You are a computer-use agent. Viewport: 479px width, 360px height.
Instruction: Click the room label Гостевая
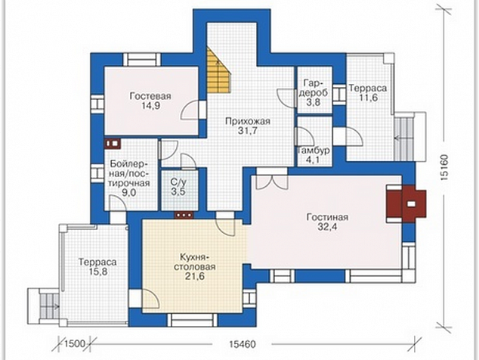[x=150, y=96]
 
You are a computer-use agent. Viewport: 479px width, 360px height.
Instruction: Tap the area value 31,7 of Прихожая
[x=248, y=131]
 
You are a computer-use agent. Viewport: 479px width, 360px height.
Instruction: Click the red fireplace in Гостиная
[x=406, y=203]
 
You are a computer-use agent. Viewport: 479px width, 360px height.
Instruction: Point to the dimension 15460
[x=242, y=344]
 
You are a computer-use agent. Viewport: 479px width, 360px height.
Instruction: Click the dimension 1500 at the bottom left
[x=75, y=344]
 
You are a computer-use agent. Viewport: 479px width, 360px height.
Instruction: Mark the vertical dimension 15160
[x=445, y=167]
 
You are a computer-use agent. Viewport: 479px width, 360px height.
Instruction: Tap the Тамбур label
[x=314, y=151]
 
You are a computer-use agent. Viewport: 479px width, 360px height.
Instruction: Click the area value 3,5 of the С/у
[x=178, y=192]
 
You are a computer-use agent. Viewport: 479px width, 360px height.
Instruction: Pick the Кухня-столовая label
[x=195, y=262]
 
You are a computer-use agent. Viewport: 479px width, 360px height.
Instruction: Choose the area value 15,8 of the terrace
[x=97, y=272]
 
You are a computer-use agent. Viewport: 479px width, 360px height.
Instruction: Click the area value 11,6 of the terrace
[x=368, y=98]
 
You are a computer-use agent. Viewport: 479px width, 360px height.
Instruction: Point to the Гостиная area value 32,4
[x=327, y=227]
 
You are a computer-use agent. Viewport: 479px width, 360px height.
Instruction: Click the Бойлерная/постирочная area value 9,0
[x=129, y=194]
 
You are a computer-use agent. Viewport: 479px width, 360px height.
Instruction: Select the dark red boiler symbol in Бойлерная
[x=113, y=144]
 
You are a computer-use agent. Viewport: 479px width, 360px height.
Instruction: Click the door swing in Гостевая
[x=190, y=110]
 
